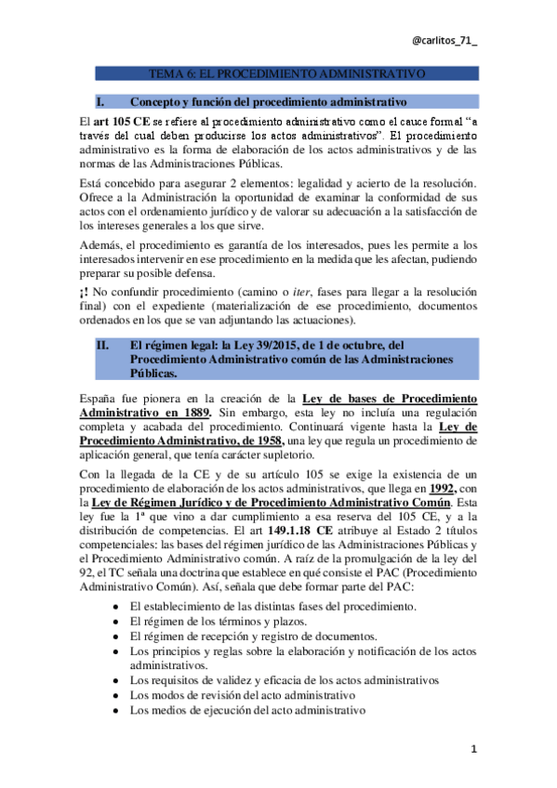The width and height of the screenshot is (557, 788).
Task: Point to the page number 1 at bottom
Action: click(x=473, y=749)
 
